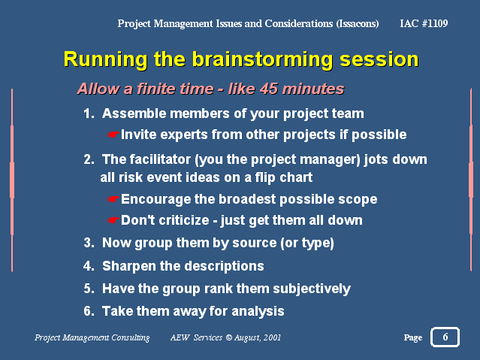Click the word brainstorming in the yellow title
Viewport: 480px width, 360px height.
[x=262, y=59]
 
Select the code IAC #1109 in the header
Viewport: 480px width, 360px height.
[x=424, y=23]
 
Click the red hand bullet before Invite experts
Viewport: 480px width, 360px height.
[x=113, y=135]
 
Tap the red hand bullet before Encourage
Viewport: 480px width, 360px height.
[x=113, y=199]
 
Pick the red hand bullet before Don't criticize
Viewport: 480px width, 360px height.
[x=113, y=220]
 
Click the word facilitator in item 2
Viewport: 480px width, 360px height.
[x=160, y=159]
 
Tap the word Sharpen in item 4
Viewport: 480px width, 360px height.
[x=129, y=266]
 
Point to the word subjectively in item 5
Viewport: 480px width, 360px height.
[x=312, y=289]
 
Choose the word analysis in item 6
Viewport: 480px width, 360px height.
[x=258, y=311]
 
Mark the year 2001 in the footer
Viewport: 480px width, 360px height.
[x=272, y=337]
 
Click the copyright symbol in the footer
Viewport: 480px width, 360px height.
[x=229, y=337]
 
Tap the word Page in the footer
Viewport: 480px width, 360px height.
[x=413, y=337]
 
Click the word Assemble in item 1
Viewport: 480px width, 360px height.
[x=134, y=113]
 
